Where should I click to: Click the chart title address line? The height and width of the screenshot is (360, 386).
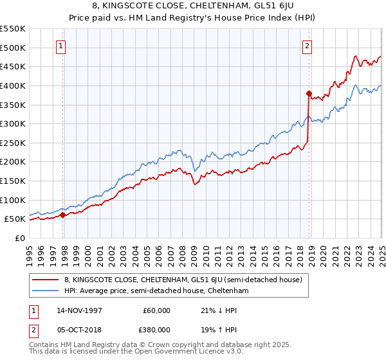[x=192, y=8]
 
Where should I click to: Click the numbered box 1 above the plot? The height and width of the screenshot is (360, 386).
[x=61, y=46]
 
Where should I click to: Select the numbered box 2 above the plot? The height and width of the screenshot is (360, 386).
[x=308, y=46]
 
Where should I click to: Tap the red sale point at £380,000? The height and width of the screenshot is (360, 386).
[x=309, y=93]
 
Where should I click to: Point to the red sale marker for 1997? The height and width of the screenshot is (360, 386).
[x=63, y=215]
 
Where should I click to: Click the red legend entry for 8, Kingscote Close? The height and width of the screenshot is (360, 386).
[x=187, y=280]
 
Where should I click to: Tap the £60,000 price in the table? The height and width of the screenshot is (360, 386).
[x=157, y=310]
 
